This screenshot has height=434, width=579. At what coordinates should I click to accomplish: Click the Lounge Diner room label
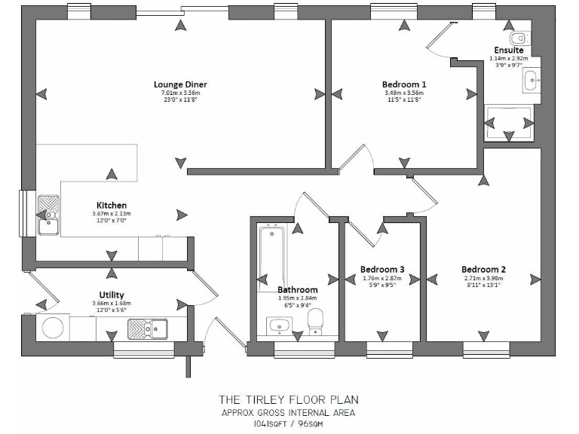[x=179, y=84]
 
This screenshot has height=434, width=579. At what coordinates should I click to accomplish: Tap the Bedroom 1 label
[x=404, y=84]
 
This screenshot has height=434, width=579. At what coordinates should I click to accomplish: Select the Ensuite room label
[x=509, y=50]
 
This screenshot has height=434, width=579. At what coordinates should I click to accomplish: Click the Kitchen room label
[x=112, y=205]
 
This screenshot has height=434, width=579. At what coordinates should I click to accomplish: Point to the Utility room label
[x=112, y=295]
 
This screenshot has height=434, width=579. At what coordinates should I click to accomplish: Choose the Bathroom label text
[x=298, y=289]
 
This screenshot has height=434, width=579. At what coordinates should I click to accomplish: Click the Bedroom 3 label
[x=382, y=269]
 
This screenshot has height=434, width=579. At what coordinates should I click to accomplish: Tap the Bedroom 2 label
[x=483, y=269]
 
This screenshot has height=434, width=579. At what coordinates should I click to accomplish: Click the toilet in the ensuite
[x=520, y=38]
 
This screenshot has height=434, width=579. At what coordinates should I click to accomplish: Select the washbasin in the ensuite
[x=532, y=78]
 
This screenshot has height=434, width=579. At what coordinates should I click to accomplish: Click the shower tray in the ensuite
[x=510, y=122]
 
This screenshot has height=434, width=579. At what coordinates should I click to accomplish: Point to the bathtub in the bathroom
[x=270, y=256]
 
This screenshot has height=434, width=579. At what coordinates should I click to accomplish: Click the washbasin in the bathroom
[x=277, y=325]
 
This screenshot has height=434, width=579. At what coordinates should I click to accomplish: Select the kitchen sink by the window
[x=49, y=213]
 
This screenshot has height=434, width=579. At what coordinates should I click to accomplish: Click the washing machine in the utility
[x=54, y=328]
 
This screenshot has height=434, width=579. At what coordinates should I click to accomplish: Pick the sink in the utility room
[x=147, y=328]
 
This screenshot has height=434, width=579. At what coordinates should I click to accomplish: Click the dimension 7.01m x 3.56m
[x=179, y=93]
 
